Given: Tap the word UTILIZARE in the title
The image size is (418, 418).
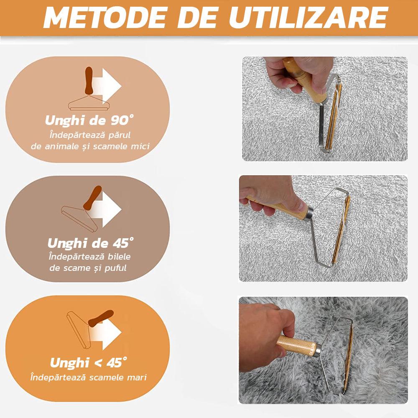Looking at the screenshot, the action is click(308, 18).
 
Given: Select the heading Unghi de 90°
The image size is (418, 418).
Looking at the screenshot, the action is click(89, 120).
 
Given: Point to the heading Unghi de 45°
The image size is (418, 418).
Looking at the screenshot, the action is click(90, 243).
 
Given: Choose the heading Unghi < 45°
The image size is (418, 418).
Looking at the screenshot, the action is click(89, 362).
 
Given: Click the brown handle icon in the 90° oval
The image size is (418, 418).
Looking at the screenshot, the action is click(89, 81).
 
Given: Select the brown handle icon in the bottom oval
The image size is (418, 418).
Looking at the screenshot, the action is click(101, 319).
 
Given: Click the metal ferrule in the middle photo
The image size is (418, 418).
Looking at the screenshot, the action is click(310, 213).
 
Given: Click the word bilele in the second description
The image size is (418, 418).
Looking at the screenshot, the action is click(119, 257).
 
